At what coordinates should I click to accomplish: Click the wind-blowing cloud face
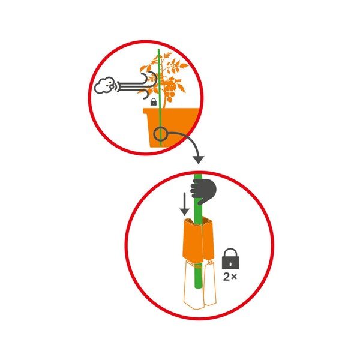click(104, 85)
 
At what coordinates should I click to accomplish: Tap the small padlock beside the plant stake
click(154, 102)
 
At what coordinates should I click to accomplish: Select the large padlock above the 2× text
click(230, 259)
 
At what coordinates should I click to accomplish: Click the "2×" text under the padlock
click(230, 277)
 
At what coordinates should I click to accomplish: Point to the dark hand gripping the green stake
click(203, 191)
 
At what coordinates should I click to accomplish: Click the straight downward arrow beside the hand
click(184, 204)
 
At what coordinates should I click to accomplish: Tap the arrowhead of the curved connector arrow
click(198, 160)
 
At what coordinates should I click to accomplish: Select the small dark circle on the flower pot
click(160, 134)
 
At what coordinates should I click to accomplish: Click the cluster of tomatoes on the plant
click(169, 91)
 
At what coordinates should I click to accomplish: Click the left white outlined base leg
click(193, 286)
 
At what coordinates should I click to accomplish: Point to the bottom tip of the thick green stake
click(198, 288)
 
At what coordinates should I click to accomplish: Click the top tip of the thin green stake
click(158, 50)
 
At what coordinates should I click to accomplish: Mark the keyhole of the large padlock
click(230, 264)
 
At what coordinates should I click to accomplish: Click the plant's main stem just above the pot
click(164, 104)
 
